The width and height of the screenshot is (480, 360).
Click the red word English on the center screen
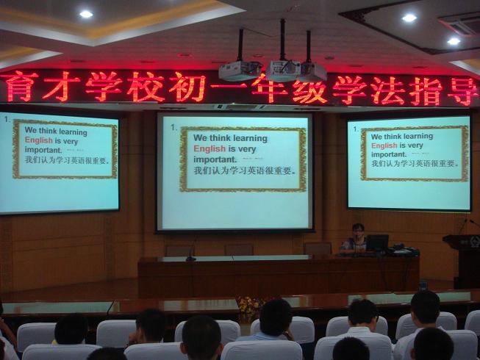click(209, 149)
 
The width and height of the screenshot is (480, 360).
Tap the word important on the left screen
click(43, 150)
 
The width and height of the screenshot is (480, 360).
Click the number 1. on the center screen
click(174, 127)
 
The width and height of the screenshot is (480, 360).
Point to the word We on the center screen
click(200, 137)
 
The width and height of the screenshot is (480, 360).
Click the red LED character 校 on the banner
click(146, 87)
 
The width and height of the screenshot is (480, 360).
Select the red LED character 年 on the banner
click(269, 87)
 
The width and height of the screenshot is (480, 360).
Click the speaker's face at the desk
click(357, 232)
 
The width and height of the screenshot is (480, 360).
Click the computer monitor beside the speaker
click(377, 242)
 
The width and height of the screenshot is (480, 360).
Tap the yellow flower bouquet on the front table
click(248, 307)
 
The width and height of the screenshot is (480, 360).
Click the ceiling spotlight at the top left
click(86, 14)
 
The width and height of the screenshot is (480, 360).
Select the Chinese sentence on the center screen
click(245, 170)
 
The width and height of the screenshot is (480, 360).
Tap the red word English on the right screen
click(384, 145)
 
